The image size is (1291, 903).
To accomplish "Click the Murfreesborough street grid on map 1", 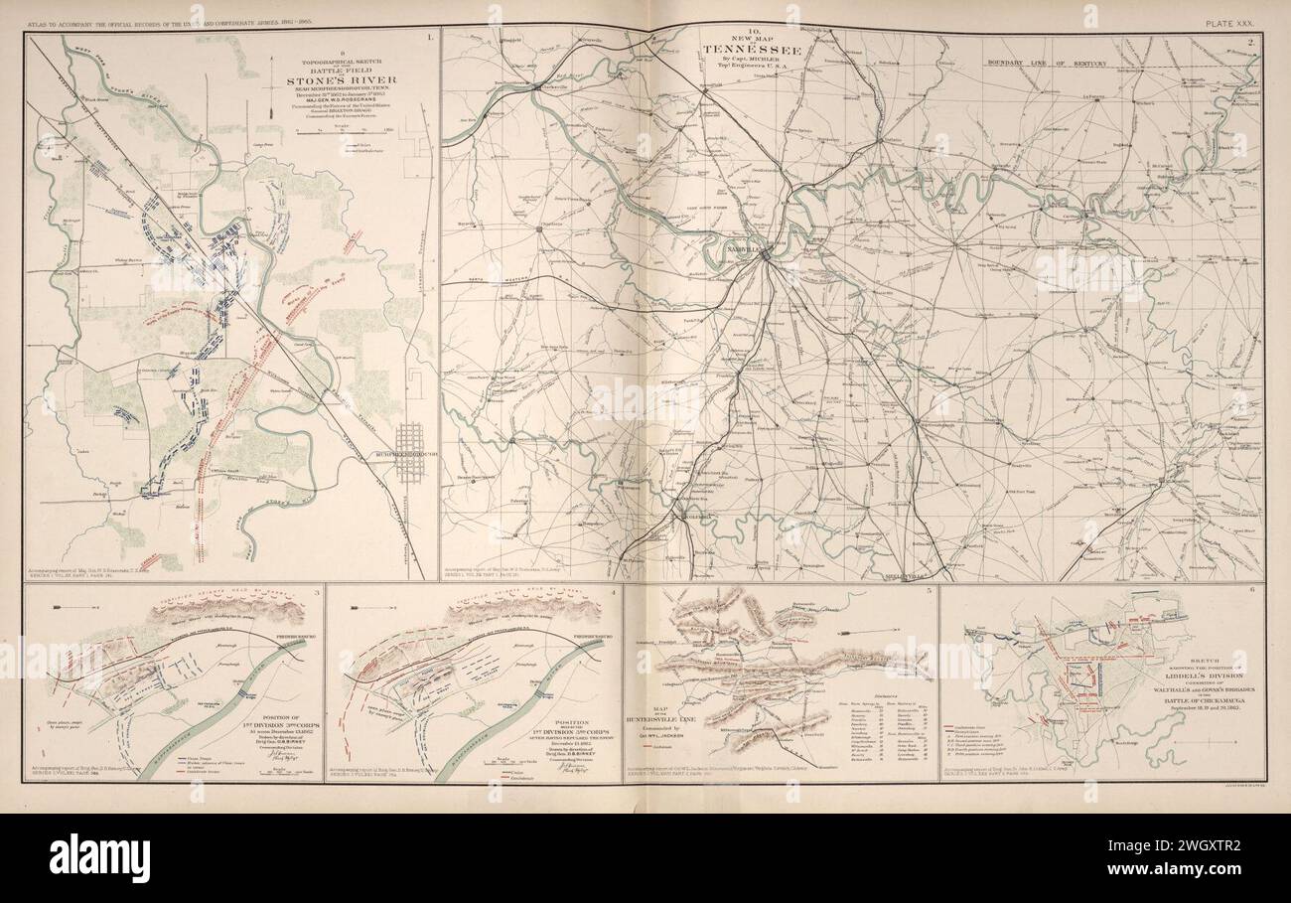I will click(x=410, y=452).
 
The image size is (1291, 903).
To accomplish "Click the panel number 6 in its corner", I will click(x=1254, y=590).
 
